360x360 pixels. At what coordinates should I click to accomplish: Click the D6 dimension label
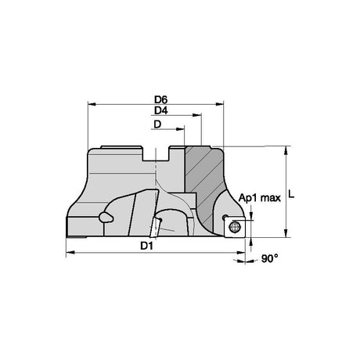click(161, 99)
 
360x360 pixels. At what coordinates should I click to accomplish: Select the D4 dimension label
click(161, 111)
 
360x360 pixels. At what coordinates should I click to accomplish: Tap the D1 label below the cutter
click(146, 246)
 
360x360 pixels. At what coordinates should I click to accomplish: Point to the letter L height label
click(291, 194)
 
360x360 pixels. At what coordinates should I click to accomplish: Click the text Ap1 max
click(260, 198)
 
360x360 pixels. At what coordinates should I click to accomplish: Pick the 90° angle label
click(270, 259)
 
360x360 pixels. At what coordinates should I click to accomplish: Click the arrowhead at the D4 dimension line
click(196, 115)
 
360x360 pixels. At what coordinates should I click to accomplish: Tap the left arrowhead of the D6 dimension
click(92, 104)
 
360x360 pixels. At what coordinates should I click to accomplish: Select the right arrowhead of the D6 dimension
click(219, 104)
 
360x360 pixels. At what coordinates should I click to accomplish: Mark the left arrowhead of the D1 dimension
click(70, 253)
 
